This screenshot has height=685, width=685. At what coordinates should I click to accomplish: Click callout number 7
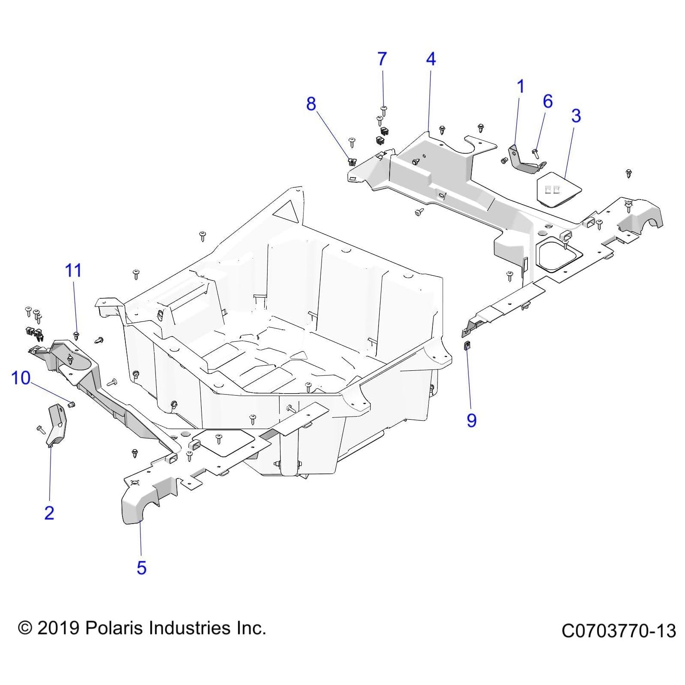click(382, 59)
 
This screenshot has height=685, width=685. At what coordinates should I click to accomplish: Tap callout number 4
click(431, 59)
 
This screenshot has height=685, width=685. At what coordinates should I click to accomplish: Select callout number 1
click(521, 87)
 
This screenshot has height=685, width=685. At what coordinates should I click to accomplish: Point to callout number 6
click(548, 101)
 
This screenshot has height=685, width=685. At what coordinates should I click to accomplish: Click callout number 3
click(576, 116)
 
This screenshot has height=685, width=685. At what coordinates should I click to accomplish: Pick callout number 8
click(311, 104)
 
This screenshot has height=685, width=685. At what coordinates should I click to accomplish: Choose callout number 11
click(73, 271)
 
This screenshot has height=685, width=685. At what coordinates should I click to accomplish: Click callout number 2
click(49, 512)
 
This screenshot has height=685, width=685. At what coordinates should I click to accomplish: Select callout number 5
click(141, 568)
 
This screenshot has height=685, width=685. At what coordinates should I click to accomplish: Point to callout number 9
click(471, 420)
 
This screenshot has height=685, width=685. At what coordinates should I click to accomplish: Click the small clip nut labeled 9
click(467, 345)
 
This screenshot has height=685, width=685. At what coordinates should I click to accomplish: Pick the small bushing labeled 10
click(72, 404)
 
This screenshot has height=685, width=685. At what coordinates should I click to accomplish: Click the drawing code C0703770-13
click(618, 631)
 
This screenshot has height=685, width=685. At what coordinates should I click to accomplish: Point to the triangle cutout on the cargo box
click(287, 211)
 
